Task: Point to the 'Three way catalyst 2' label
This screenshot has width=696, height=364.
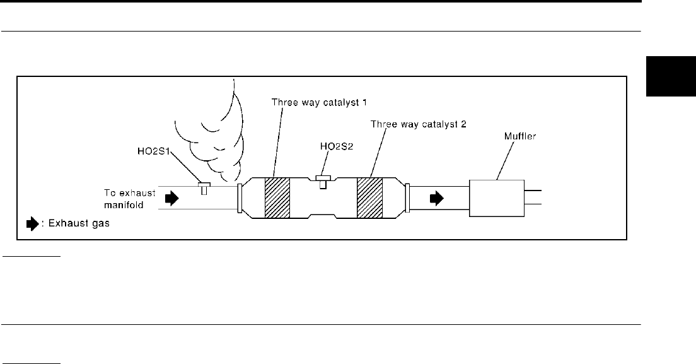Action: (418, 124)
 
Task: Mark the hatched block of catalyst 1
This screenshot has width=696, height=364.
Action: (277, 197)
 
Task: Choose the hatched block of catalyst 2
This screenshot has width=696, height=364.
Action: (369, 197)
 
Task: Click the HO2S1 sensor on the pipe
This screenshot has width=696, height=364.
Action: (204, 188)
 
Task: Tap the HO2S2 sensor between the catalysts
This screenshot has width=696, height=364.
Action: (323, 181)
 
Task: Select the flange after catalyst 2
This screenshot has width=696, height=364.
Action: (407, 197)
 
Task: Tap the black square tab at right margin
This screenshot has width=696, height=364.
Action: (670, 75)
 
